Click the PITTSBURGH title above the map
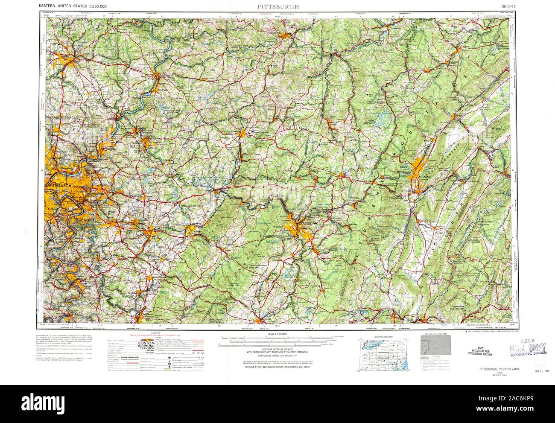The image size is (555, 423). coord(278,6)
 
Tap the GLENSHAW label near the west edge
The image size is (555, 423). coord(55,158)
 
